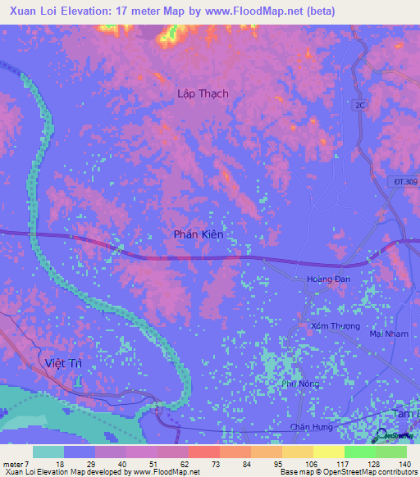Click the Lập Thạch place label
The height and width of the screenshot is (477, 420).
click(x=203, y=93)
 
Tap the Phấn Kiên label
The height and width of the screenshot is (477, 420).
click(x=199, y=234)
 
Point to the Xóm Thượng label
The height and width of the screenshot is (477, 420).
click(x=336, y=326)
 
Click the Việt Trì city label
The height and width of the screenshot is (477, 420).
click(x=64, y=362)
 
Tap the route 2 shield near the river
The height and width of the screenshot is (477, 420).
click(x=156, y=407)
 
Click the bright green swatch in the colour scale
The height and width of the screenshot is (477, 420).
click(x=360, y=452)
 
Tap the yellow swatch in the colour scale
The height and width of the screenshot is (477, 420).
click(x=328, y=452)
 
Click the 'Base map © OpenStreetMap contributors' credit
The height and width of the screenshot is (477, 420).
click(x=347, y=472)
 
